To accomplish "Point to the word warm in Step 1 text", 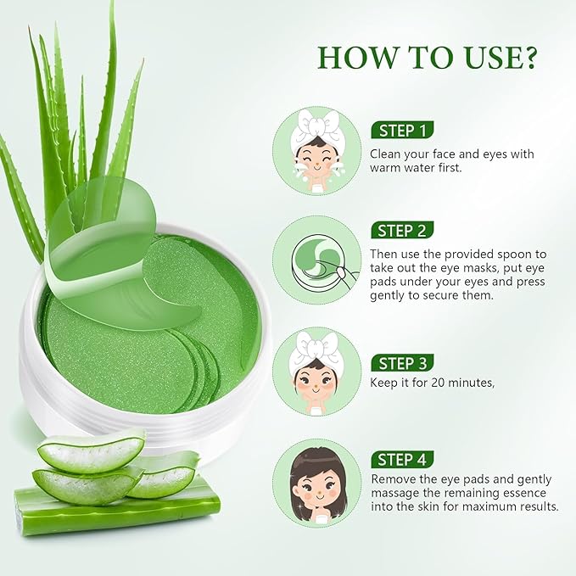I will coord(386,169).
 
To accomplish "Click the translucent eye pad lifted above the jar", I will coord(102,238).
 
